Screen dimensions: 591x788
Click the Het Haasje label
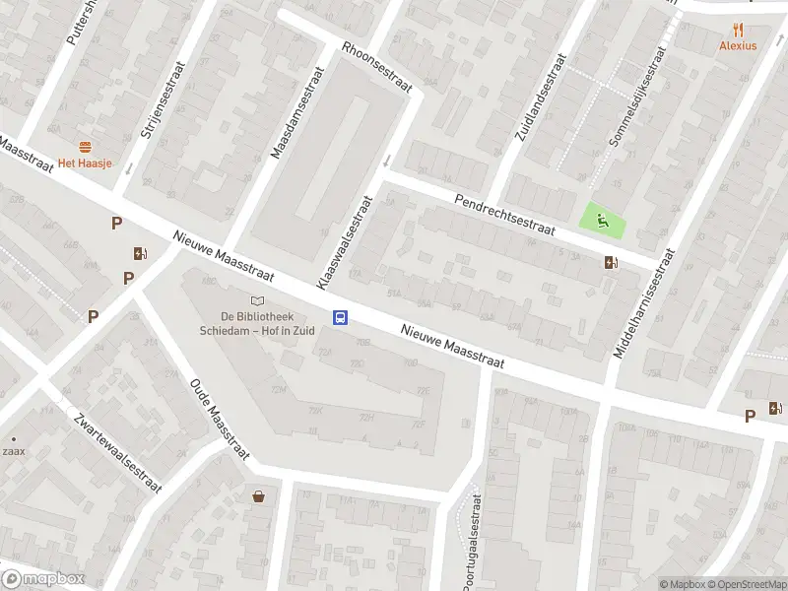[84, 163]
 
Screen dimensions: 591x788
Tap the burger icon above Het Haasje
[85, 147]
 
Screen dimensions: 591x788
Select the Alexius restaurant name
[738, 45]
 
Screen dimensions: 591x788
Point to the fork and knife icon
[738, 31]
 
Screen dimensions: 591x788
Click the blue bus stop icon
[341, 317]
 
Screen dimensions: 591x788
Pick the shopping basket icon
[259, 496]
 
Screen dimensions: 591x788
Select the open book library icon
[258, 300]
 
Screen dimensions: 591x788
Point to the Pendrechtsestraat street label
[505, 213]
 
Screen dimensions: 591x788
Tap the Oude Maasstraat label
[218, 411]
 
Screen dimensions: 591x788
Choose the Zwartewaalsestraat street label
[116, 452]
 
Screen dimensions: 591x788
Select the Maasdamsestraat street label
[298, 113]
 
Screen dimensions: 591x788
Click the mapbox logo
[43, 579]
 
